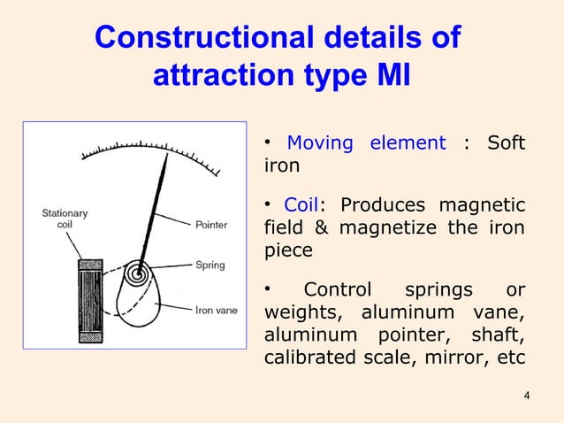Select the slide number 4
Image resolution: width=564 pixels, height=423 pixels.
pyautogui.click(x=527, y=395)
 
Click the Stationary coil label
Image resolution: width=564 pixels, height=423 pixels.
pyautogui.click(x=65, y=219)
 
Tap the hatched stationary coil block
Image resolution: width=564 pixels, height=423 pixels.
pyautogui.click(x=90, y=298)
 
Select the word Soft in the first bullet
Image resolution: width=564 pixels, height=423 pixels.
pyautogui.click(x=507, y=143)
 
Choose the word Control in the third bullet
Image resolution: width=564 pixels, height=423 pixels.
pyautogui.click(x=339, y=291)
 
